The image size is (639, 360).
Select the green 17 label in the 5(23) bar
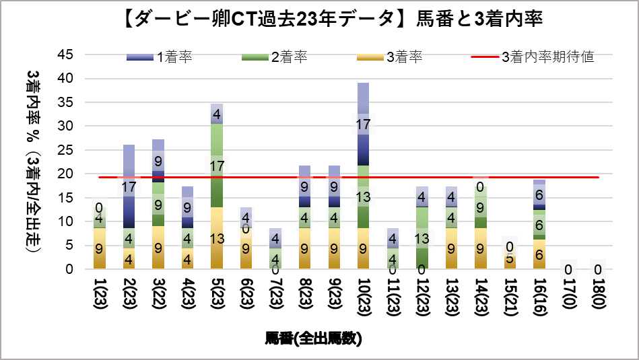(x=217, y=166)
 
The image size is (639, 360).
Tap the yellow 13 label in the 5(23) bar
(x=217, y=239)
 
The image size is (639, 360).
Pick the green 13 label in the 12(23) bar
(x=422, y=239)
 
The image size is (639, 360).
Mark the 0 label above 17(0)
(x=568, y=269)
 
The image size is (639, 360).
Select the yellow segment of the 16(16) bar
(x=539, y=254)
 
